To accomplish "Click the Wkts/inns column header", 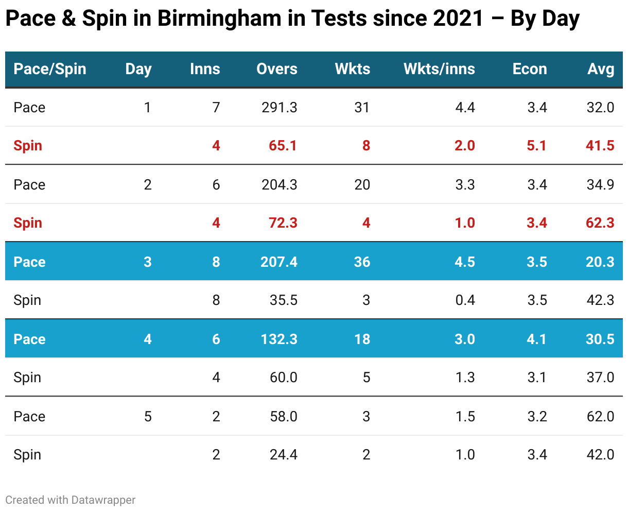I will [x=439, y=69].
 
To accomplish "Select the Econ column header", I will [x=530, y=69].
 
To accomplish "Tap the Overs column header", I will [x=277, y=69].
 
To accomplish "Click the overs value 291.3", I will [x=280, y=107].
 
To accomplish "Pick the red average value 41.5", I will [x=600, y=146].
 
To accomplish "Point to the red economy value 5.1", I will [x=536, y=146].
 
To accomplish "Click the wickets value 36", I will [x=362, y=262].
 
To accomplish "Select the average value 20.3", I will [x=600, y=262].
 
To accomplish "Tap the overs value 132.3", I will [x=279, y=339].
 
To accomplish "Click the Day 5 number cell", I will [x=148, y=416].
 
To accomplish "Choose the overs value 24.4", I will [x=284, y=455].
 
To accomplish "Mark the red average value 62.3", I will [x=600, y=223].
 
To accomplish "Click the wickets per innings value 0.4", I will [x=465, y=300].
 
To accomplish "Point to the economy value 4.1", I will [x=536, y=339].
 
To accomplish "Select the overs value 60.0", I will [x=284, y=378].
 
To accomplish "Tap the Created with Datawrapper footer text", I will [x=71, y=500].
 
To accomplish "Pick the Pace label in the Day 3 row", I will [x=29, y=262].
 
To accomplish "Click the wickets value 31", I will [x=362, y=107].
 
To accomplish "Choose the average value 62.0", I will [x=600, y=416].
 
